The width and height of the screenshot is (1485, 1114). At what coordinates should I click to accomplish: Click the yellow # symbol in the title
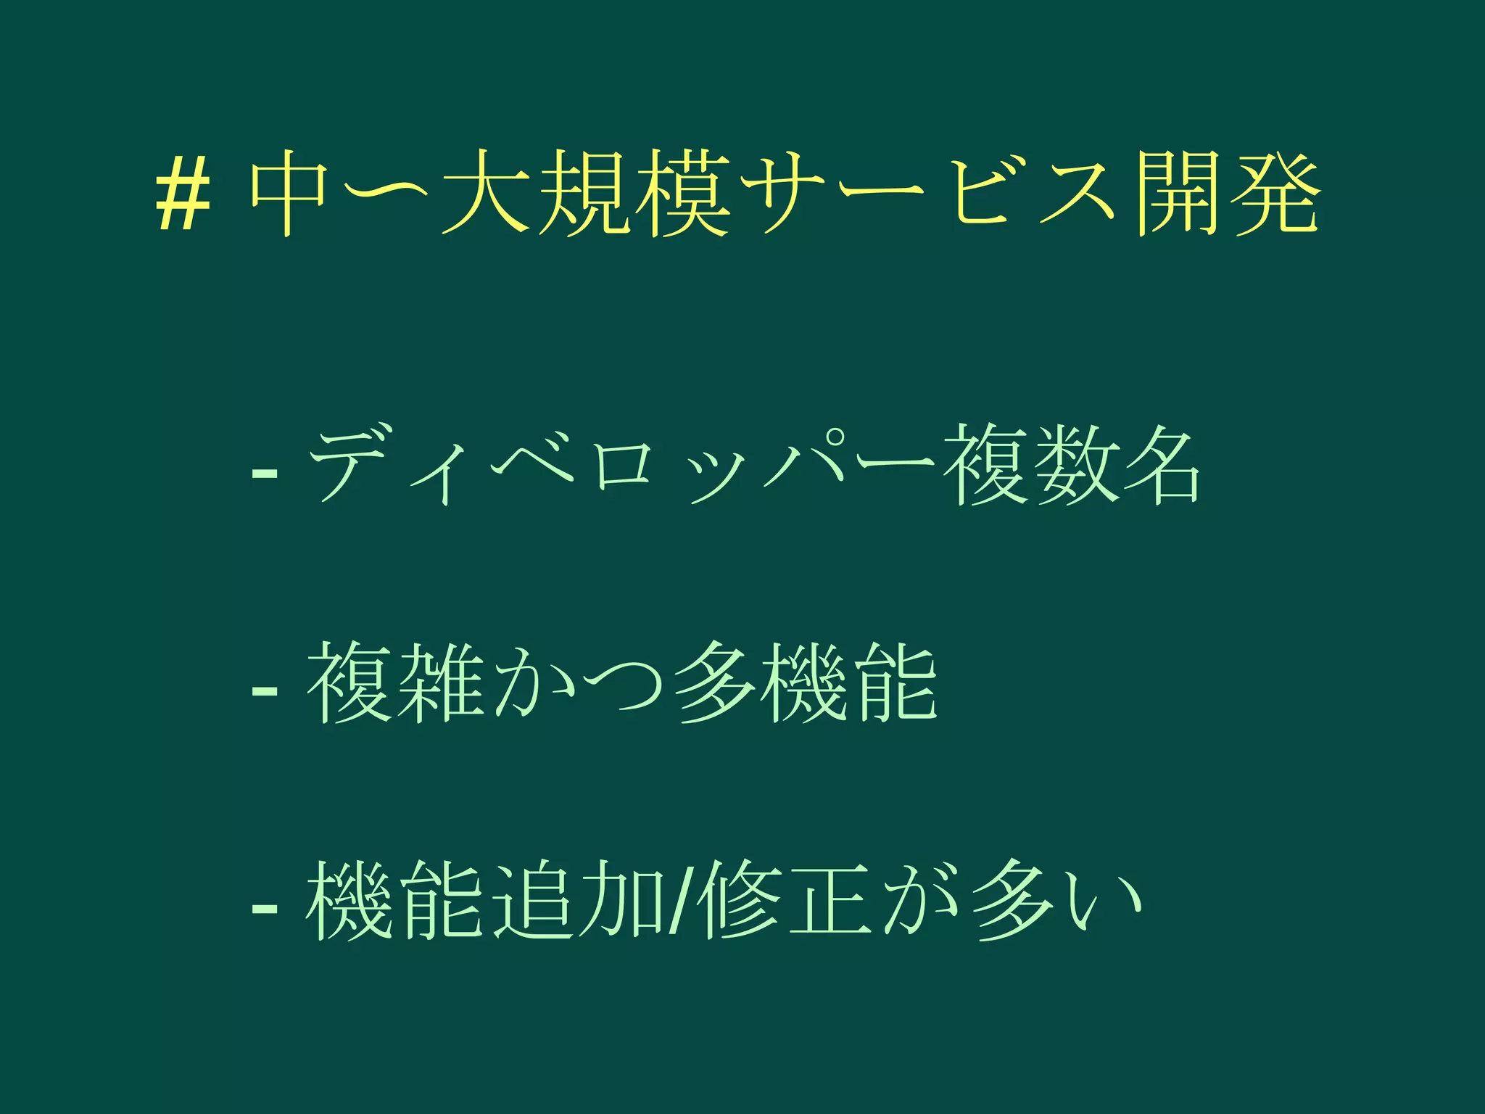pyautogui.click(x=183, y=194)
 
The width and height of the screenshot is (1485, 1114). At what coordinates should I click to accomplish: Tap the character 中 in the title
pyautogui.click(x=289, y=192)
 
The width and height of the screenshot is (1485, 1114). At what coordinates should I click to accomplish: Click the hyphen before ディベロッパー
pyautogui.click(x=264, y=474)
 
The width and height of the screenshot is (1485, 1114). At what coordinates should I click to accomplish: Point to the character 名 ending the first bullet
pyautogui.click(x=1160, y=465)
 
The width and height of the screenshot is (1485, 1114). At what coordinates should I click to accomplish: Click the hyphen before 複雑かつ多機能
pyautogui.click(x=264, y=691)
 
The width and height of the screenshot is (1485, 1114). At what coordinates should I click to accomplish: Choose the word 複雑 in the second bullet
pyautogui.click(x=395, y=683)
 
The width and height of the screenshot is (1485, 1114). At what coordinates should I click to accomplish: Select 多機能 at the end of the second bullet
pyautogui.click(x=805, y=683)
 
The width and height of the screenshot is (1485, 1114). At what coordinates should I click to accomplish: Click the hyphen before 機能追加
pyautogui.click(x=264, y=908)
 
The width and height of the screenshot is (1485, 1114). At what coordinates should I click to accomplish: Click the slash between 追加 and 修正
pyautogui.click(x=679, y=901)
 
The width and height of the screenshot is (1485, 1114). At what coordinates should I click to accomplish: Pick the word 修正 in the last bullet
pyautogui.click(x=787, y=901)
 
